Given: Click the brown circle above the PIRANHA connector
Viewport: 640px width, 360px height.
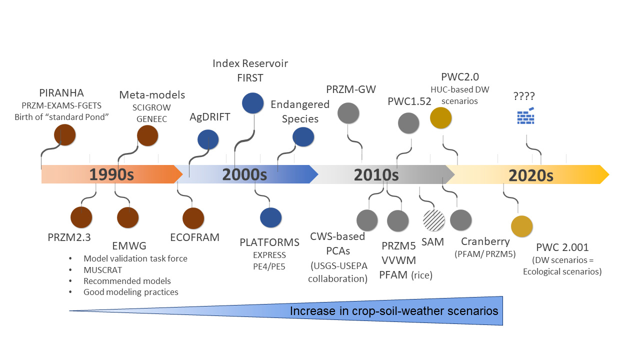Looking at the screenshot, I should point(65,135).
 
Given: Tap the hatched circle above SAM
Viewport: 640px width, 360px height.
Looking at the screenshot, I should point(433,220).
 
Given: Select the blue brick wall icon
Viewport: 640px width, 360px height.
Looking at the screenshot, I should point(525,116).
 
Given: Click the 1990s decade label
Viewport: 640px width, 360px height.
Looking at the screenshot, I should point(112,175).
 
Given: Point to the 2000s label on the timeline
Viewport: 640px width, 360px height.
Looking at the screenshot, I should point(244,175).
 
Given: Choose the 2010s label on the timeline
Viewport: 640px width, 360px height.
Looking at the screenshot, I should point(376,175).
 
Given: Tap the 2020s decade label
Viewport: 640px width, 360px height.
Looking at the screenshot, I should point(531,175).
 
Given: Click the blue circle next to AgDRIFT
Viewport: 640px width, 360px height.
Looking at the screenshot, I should point(208,140).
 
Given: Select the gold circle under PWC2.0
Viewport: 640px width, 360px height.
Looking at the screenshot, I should point(441,118).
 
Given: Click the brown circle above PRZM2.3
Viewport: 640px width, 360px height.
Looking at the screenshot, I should point(81,217).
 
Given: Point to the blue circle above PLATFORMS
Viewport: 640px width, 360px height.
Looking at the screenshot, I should point(271,217).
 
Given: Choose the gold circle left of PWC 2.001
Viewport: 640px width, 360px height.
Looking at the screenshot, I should point(522,226).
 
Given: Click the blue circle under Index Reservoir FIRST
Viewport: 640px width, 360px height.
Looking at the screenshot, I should point(253,103).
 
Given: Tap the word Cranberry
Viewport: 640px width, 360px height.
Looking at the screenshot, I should point(485,241).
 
